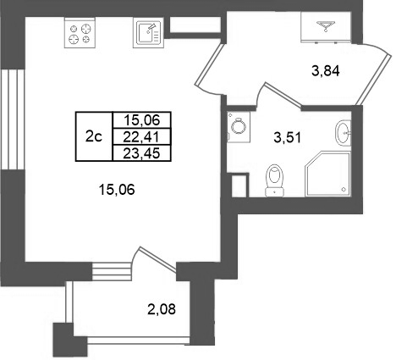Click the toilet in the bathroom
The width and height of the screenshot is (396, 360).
pyautogui.click(x=272, y=179)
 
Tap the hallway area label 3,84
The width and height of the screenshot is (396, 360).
pyautogui.click(x=326, y=71)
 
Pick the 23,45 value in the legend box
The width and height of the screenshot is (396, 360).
pyautogui.click(x=141, y=152)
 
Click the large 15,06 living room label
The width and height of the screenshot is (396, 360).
pyautogui.click(x=118, y=191)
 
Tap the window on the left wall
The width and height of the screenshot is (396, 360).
pyautogui.click(x=10, y=119)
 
